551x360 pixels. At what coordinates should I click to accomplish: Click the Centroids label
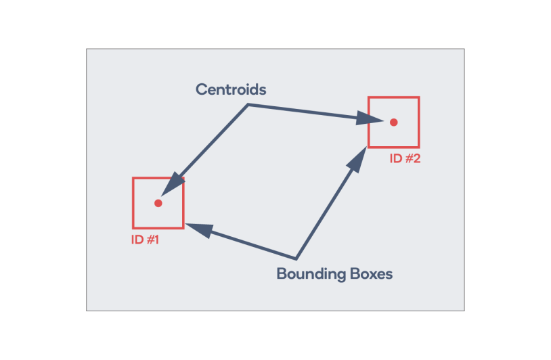point(231,89)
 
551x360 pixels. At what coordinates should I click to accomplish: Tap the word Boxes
point(371,273)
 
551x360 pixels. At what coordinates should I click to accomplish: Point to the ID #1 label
point(145,240)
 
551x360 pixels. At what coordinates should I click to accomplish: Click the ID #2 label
point(405,158)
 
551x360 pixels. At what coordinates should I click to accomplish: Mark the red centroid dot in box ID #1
point(158,203)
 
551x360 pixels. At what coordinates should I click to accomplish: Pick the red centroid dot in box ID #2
point(393,122)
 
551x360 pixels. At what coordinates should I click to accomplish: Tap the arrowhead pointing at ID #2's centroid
point(368,118)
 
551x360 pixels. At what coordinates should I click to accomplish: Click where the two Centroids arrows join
point(248,104)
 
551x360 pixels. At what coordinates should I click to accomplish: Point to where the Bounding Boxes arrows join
point(296,259)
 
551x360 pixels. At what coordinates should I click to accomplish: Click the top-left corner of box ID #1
point(133,178)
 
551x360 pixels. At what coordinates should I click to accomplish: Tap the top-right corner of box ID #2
point(419,97)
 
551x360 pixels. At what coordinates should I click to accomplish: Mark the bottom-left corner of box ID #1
point(133,228)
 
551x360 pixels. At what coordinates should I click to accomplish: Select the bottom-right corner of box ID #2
point(419,147)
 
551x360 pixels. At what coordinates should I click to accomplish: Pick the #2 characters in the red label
point(412,158)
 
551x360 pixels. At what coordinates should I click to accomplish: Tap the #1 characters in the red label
point(152,240)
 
